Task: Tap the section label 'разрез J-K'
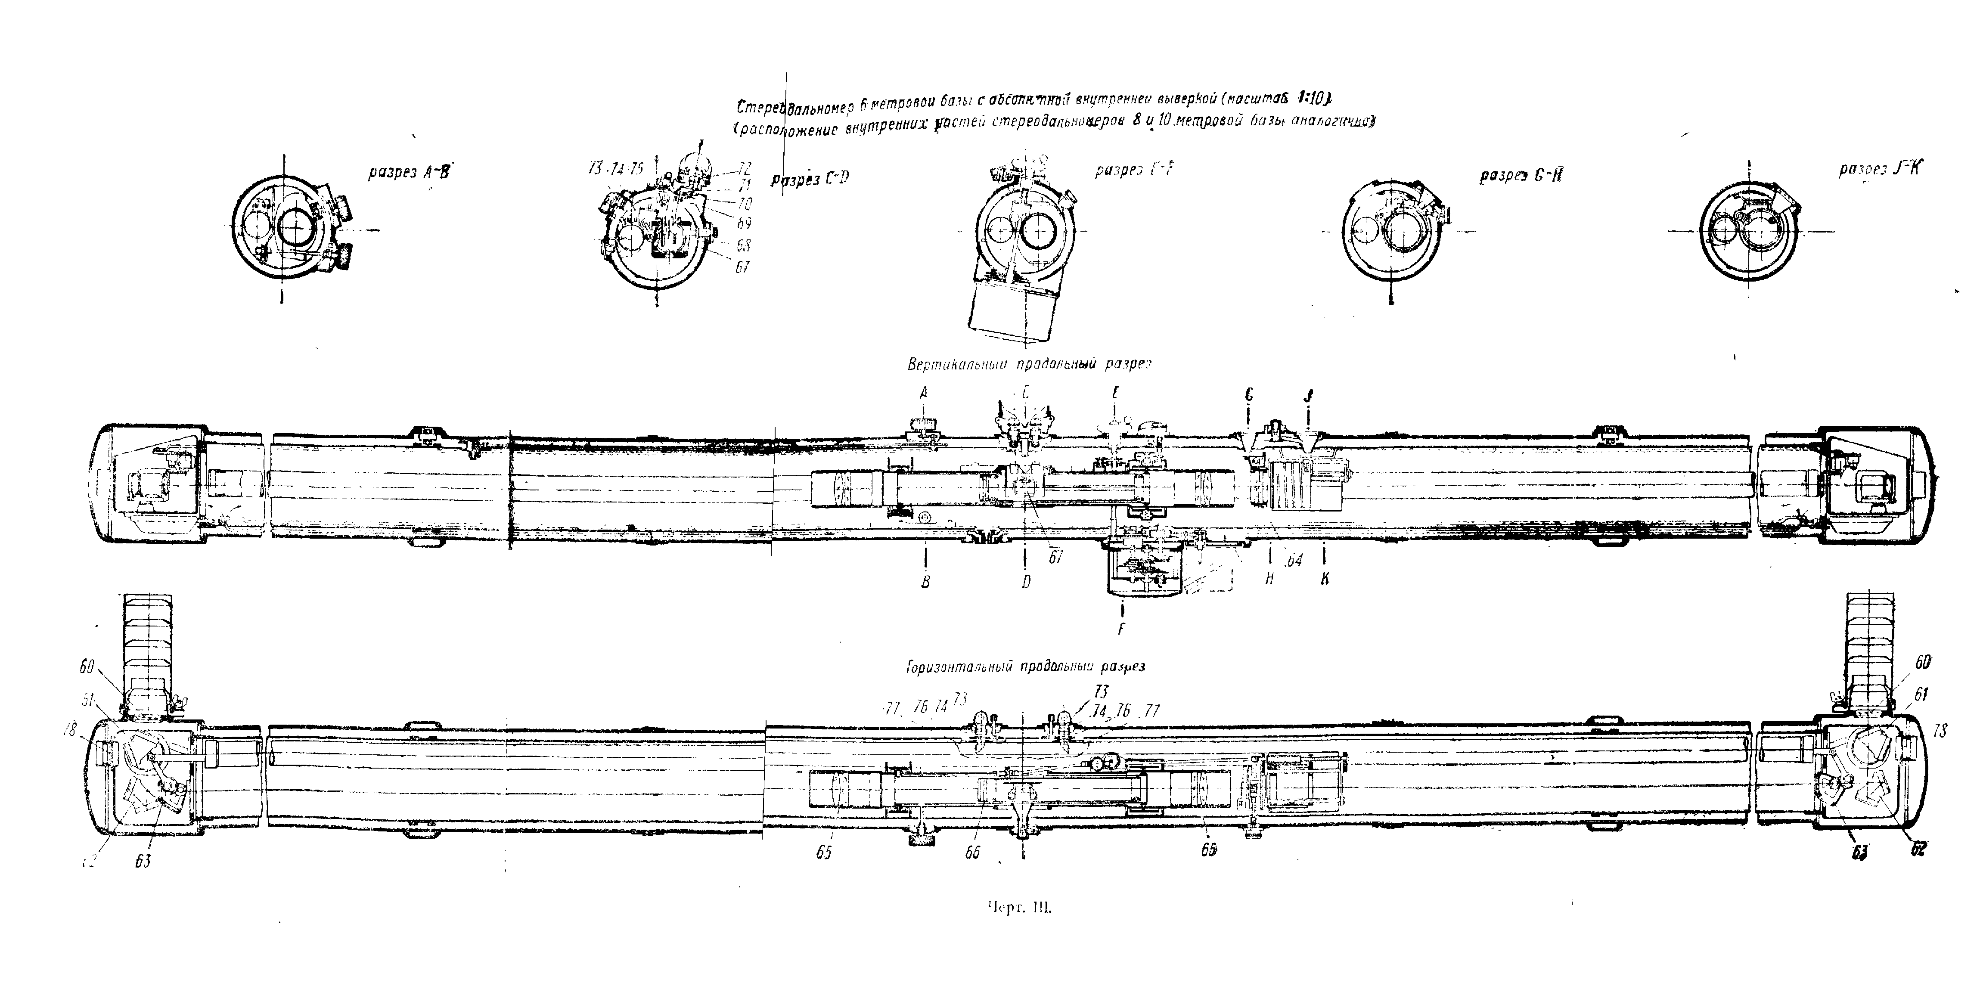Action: tap(1877, 169)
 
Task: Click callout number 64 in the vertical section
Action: tap(1294, 561)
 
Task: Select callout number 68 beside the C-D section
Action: tap(742, 246)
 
